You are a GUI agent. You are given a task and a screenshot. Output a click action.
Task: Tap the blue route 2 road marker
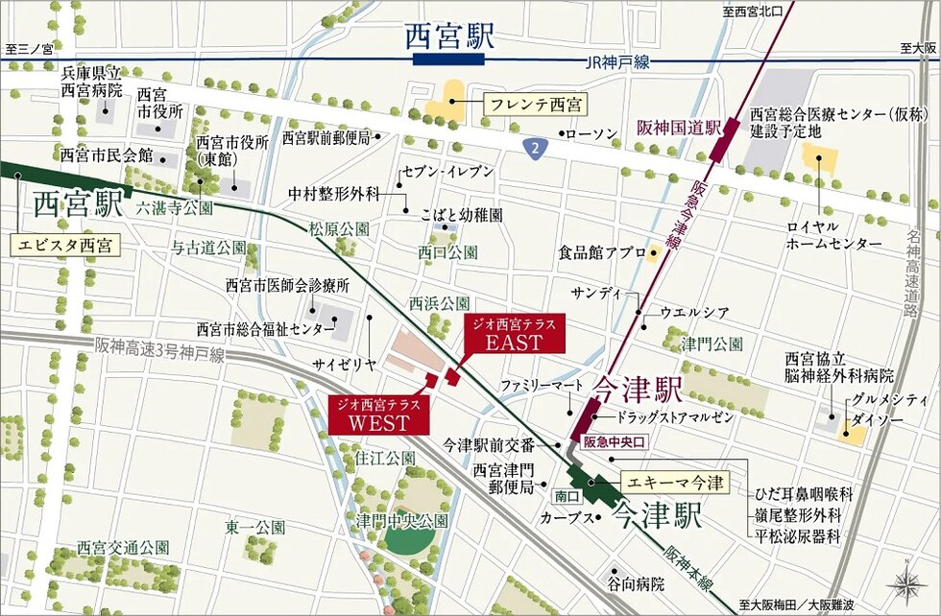point(534,147)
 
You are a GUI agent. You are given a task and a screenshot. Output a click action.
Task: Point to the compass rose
point(906,580)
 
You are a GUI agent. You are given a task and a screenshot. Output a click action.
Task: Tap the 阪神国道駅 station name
point(677,127)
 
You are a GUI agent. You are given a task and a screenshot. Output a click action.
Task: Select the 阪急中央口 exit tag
point(615,442)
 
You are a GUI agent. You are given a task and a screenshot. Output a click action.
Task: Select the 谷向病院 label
point(636,582)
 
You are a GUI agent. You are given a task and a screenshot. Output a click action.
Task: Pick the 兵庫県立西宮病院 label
point(92,82)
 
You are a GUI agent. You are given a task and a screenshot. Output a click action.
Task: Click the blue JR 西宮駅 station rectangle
point(449,59)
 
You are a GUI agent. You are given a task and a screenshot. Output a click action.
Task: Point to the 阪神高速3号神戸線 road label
point(159,350)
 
